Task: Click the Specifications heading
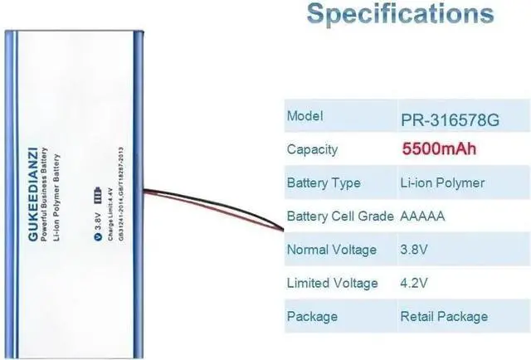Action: tap(400, 15)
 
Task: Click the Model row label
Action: tap(305, 116)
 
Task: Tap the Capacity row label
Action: tap(312, 149)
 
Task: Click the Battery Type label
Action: tap(323, 182)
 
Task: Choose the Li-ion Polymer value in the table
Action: tap(441, 182)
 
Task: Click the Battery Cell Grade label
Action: tap(339, 216)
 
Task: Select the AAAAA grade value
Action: tap(423, 216)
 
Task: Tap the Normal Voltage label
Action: tap(331, 250)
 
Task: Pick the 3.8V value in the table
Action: tap(414, 250)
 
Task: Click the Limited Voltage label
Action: tap(332, 283)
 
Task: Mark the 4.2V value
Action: tap(414, 283)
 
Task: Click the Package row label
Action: tap(312, 316)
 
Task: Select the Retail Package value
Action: tap(444, 316)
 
